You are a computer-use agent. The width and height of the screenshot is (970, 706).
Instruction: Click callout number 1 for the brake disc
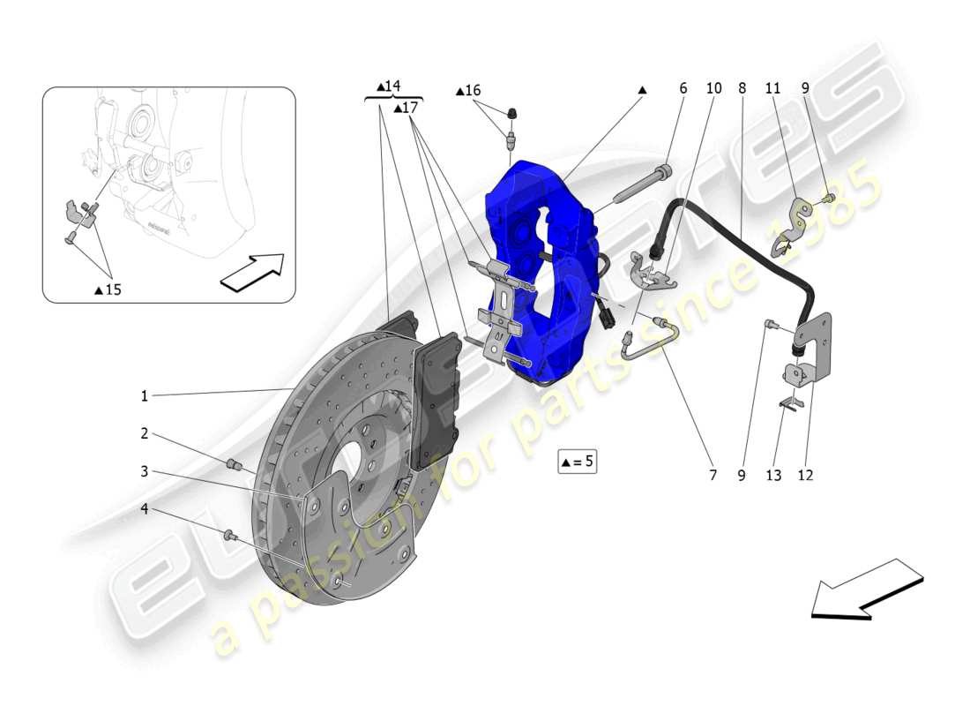[144, 396]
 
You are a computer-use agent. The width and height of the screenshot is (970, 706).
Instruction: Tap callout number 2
[144, 433]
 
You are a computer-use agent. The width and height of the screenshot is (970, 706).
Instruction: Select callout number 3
[144, 471]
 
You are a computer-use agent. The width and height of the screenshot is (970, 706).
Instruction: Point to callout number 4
[144, 508]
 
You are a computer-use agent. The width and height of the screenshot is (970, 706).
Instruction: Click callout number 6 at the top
[683, 88]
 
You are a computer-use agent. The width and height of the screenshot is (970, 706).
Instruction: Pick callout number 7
[712, 475]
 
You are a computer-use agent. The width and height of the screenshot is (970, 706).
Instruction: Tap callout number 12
[805, 475]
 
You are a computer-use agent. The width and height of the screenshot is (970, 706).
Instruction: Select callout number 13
[773, 475]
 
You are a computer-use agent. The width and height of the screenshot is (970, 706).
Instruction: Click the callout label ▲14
[388, 86]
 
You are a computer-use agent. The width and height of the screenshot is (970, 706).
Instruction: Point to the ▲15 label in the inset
[108, 289]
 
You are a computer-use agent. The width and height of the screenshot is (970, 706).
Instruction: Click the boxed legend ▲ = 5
[577, 461]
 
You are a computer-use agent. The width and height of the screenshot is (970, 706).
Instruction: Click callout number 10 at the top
[713, 88]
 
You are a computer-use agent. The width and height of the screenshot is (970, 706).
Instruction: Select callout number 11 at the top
[772, 88]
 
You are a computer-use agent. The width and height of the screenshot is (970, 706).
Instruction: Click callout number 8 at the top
[742, 88]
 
